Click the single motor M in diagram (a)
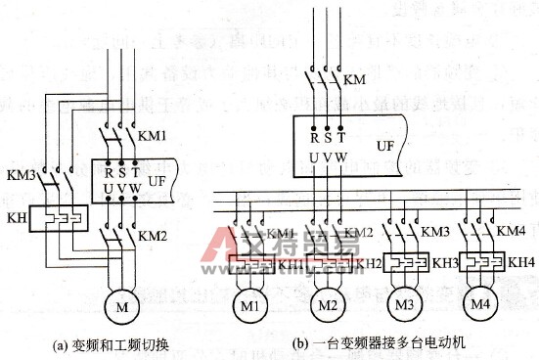tap(122, 282)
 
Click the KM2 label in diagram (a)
tap(153, 236)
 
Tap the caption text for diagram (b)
tap(368, 343)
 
